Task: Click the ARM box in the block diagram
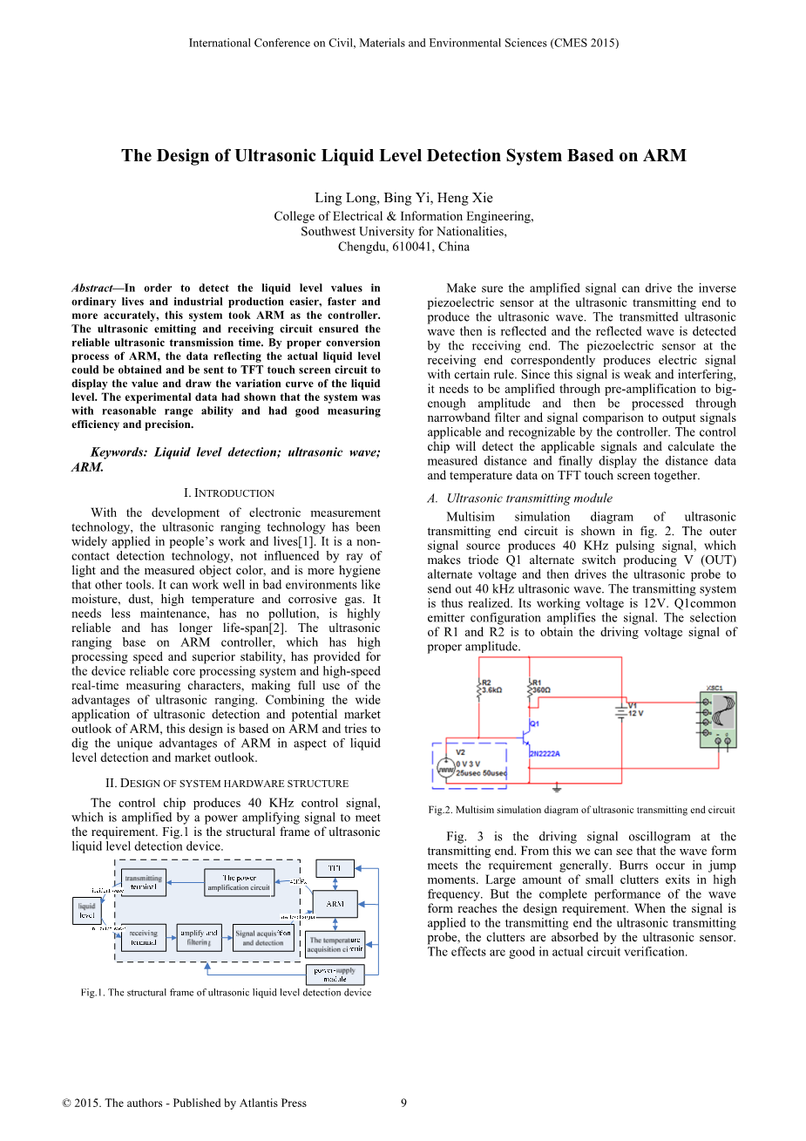pos(335,904)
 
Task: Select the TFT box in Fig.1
pos(335,868)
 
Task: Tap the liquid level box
pos(87,911)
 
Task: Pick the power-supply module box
pos(335,975)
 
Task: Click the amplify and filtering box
pos(199,937)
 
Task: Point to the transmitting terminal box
pos(144,882)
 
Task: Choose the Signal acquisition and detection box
pos(263,938)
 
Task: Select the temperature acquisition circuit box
pos(335,945)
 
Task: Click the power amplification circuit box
pos(239,882)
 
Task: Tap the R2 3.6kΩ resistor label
pos(491,686)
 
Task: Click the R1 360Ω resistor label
pos(541,686)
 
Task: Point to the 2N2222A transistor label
pos(545,753)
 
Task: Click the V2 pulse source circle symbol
pos(445,769)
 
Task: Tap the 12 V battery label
pos(635,713)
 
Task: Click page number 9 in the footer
pos(403,1103)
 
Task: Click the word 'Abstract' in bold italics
pos(92,288)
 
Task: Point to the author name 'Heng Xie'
pos(464,198)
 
